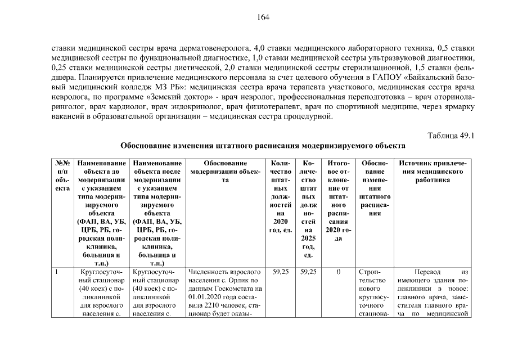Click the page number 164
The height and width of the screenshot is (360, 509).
click(x=264, y=17)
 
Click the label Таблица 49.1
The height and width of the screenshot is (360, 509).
click(x=451, y=136)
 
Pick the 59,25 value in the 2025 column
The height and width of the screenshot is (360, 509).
click(x=308, y=272)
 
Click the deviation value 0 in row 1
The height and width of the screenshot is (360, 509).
click(x=338, y=272)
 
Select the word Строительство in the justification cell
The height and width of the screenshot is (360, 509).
click(x=370, y=276)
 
